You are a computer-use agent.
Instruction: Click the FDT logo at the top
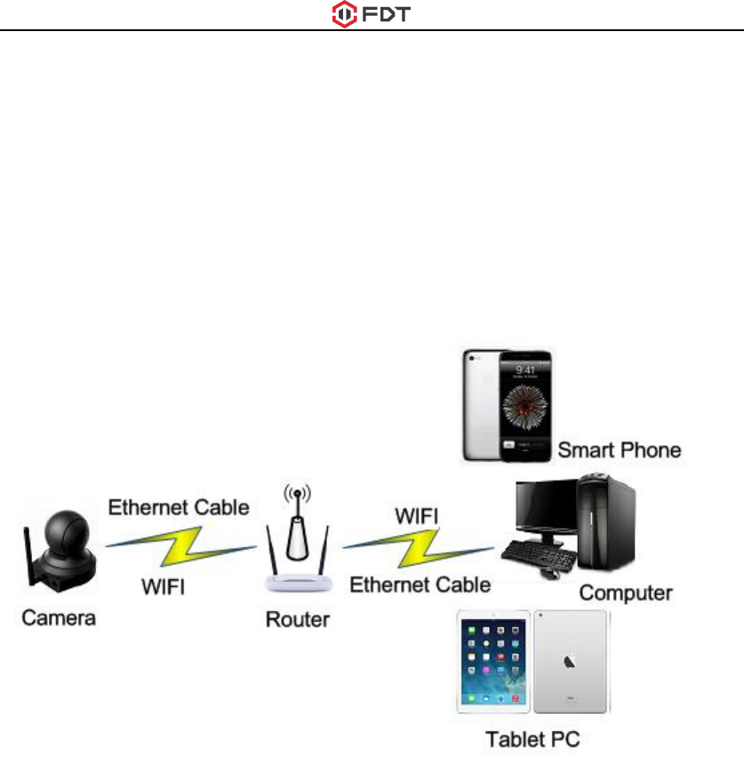[372, 15]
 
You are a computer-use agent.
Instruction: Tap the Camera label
[59, 617]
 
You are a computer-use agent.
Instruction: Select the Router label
[298, 618]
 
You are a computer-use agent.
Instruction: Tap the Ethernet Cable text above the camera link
[179, 508]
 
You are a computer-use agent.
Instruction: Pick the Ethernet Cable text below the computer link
[420, 584]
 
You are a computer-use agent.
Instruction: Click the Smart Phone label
[619, 449]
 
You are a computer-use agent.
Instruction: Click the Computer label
[626, 592]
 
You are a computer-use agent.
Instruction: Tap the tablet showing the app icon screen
[493, 662]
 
